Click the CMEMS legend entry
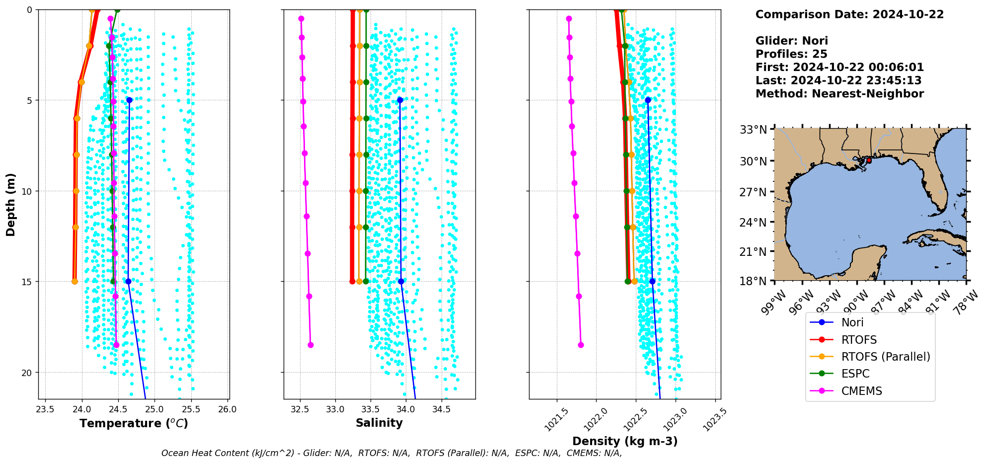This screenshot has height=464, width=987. [861, 391]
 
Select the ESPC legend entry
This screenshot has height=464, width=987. [855, 374]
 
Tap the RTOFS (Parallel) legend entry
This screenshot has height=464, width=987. [885, 357]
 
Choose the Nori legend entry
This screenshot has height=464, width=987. [852, 322]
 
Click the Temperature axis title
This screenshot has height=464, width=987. [134, 423]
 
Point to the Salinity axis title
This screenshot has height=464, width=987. [379, 423]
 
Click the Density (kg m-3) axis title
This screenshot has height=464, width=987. [625, 441]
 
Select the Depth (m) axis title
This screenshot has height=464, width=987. [11, 204]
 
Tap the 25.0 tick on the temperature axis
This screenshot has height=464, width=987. [154, 409]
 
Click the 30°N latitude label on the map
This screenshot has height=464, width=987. [754, 161]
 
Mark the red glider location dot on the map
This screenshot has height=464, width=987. [869, 160]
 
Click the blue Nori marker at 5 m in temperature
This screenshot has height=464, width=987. [129, 100]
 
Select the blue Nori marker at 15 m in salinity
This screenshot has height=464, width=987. [401, 281]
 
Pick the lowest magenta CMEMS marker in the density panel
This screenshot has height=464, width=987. [581, 345]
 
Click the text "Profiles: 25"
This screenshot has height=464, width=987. [791, 54]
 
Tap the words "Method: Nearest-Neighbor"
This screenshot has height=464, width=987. [839, 93]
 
